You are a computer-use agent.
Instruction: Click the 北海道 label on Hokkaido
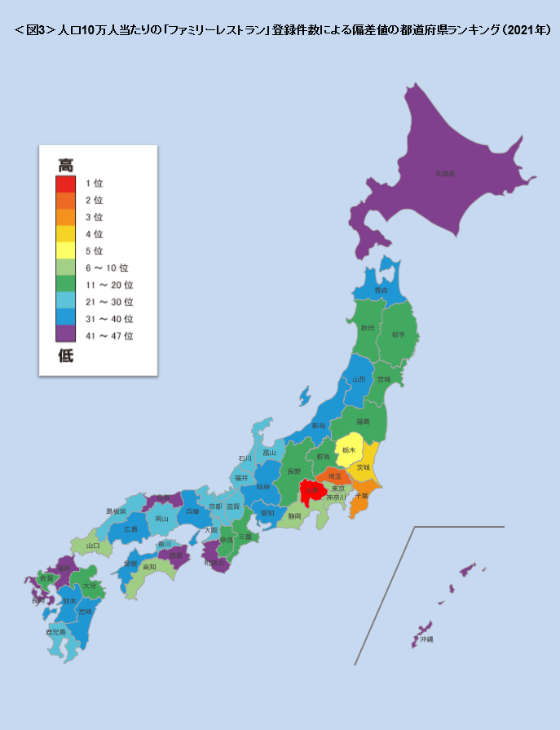coord(444,174)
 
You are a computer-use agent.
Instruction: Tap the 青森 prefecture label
coord(381,290)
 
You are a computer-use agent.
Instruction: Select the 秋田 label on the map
coord(367,327)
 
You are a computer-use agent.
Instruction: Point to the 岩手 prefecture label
coord(398,334)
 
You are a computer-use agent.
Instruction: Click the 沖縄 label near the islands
coord(426,639)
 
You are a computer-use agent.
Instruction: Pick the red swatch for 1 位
coord(66,184)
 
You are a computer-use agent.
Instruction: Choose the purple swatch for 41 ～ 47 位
coord(66,334)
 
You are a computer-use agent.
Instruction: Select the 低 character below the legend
coord(66,356)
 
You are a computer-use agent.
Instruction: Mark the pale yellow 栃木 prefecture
coord(349,450)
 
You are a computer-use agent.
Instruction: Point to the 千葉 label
coord(361,495)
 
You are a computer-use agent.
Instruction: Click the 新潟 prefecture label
coord(319,426)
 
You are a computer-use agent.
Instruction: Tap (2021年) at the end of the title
coord(524,30)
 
